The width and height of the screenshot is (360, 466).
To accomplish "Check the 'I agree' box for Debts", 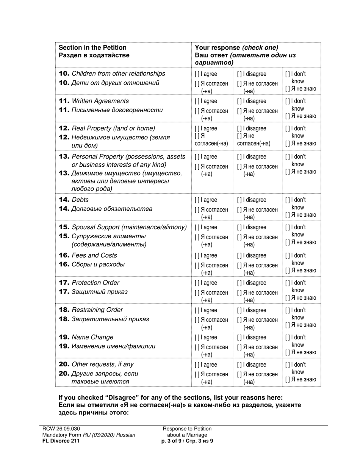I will [196, 200].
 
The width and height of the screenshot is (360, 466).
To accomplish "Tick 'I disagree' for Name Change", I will [239, 338].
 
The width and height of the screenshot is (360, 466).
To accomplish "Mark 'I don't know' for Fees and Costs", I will [287, 255].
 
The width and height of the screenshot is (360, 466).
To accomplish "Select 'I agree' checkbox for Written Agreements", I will [196, 101].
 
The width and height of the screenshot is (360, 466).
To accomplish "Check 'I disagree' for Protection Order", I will [239, 283].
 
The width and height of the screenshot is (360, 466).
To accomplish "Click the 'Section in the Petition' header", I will [92, 48].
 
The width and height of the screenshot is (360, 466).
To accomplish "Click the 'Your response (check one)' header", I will [236, 48].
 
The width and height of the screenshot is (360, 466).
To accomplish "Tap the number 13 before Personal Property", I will [64, 156].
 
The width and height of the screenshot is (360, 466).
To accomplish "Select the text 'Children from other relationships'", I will [118, 73].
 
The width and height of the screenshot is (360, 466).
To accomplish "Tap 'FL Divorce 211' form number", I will [61, 441].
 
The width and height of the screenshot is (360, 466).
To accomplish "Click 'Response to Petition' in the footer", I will [187, 428].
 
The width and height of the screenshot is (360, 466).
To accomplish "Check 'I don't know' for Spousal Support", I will [287, 227].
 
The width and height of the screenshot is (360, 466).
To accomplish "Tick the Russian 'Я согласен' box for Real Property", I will [196, 136].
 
